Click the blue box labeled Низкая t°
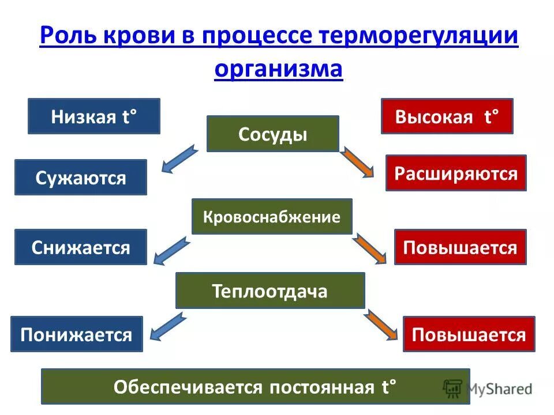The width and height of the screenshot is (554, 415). coord(93,116)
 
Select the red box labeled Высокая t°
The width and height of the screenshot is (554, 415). coord(447,116)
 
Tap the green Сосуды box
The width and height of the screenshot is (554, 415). coord(272,134)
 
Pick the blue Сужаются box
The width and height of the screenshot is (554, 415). coord(81,178)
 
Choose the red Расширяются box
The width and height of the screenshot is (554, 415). coord(456,173)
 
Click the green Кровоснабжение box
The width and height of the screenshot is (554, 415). coord(272,217)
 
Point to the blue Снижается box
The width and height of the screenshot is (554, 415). coord(81,247)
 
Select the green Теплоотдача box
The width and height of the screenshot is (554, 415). coord(270,290)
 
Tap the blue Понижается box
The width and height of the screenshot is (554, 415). coord(76,334)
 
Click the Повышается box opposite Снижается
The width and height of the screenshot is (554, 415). coord(460,247)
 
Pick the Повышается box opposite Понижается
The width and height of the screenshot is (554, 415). coord(469,334)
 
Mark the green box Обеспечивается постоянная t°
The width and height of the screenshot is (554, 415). coord(255,386)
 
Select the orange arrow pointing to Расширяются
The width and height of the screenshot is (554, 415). coord(358,163)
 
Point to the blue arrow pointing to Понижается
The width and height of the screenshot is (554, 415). coord(169,326)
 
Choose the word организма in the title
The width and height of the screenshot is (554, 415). coord(278,69)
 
